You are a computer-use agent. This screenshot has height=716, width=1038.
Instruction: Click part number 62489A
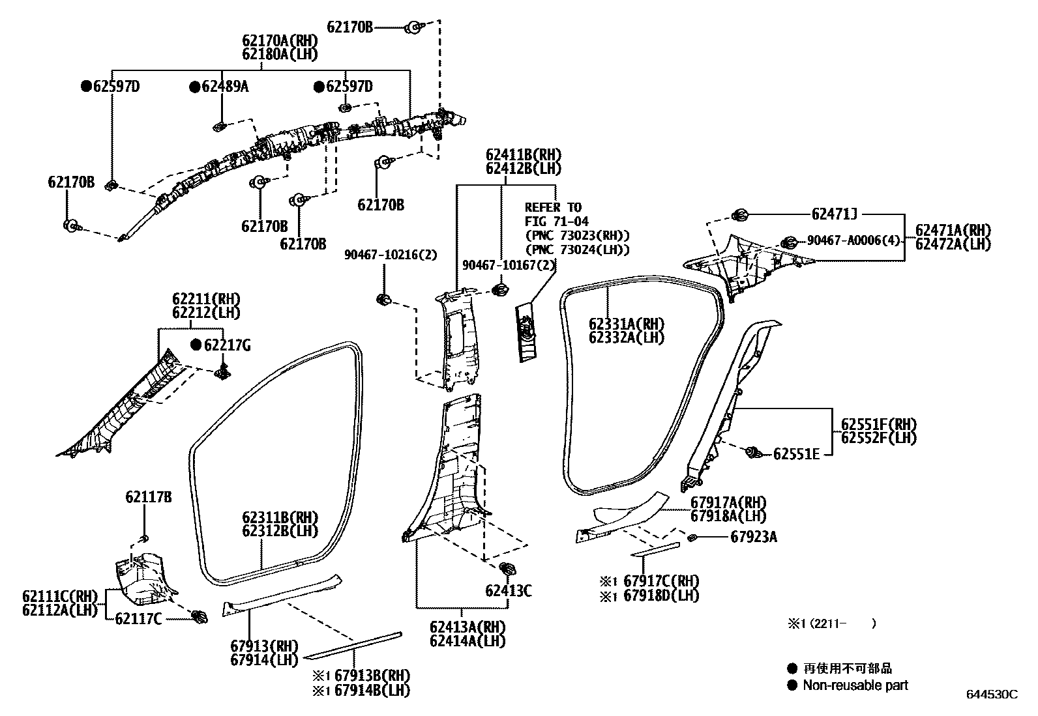pos(225,87)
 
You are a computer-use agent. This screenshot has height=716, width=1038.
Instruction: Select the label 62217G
pos(226,345)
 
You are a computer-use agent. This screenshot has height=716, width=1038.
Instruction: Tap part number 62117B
pos(149,498)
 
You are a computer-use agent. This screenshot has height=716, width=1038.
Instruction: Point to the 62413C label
pos(508,591)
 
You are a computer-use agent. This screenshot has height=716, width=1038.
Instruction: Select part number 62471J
pos(834,214)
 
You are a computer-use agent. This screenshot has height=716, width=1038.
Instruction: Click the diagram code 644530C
pos(991,695)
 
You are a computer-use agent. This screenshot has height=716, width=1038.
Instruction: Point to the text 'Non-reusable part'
pos(855,685)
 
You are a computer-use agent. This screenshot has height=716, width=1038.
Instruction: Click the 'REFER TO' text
pos(553,208)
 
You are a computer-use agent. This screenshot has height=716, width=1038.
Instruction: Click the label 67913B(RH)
pos(372,676)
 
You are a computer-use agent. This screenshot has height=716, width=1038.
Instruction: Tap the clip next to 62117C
pos(200,616)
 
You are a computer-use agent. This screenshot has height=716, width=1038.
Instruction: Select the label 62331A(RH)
pos(626,324)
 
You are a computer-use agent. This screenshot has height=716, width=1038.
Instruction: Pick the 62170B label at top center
pos(349,27)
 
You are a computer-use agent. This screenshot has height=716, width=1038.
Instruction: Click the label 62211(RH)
pos(206,299)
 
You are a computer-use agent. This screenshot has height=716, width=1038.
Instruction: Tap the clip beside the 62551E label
pos(754,451)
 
